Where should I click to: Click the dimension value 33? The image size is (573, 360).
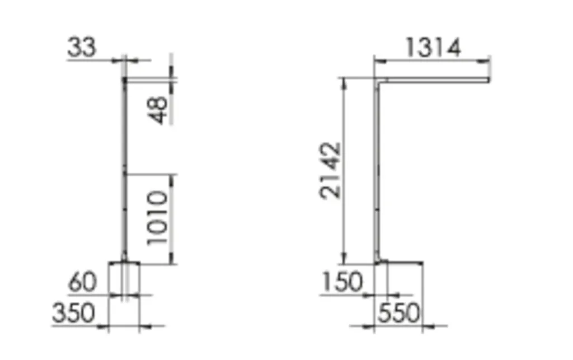(82, 47)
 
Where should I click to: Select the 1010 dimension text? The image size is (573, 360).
(157, 218)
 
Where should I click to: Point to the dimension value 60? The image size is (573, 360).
(83, 282)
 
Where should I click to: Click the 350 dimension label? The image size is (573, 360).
(73, 313)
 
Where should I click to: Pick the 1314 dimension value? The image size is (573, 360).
(433, 48)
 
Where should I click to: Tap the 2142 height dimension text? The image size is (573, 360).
(330, 170)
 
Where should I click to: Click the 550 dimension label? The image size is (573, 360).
(398, 313)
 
